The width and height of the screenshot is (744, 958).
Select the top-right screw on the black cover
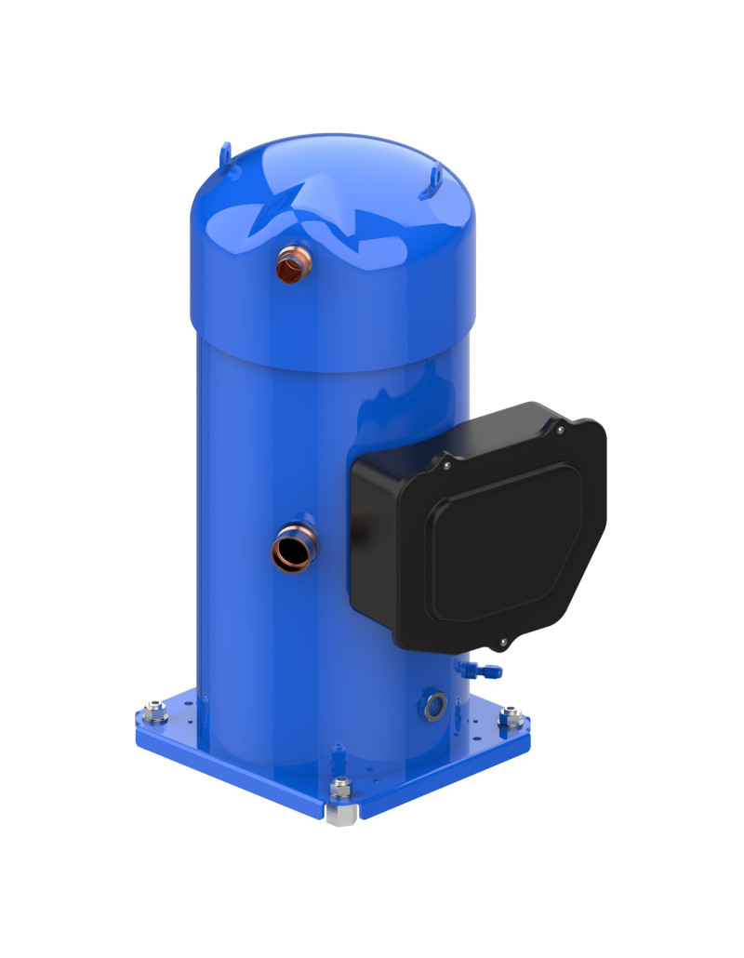560,430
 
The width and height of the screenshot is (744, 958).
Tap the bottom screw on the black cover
502,642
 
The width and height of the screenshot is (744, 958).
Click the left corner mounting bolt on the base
156,715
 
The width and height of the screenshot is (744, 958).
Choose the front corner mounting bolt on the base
341,787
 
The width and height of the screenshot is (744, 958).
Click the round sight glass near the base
433,705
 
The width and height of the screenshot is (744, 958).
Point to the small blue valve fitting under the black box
482,669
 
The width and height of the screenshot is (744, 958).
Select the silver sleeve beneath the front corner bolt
342,815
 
